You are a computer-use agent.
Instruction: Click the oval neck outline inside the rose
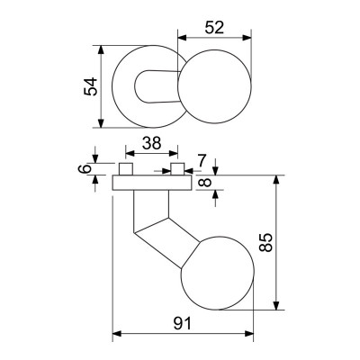153,89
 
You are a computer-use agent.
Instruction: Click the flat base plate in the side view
152,183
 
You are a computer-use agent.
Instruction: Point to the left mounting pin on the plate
126,170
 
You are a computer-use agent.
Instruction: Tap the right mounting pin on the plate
179,170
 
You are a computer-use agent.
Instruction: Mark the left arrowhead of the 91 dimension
116,336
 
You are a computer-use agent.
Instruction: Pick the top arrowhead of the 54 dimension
102,48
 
